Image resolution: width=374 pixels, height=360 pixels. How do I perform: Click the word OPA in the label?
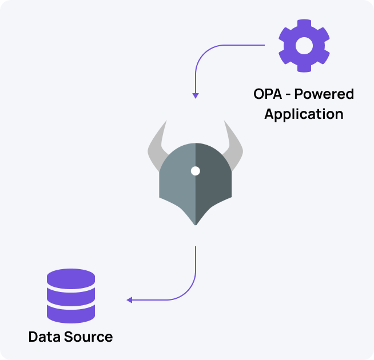[x=266, y=94]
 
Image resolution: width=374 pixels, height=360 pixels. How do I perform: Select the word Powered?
[x=324, y=94]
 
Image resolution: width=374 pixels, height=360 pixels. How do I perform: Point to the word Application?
[x=304, y=113]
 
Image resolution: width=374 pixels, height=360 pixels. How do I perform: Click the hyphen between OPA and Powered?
[x=288, y=94]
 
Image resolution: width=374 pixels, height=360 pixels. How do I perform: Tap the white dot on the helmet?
[x=196, y=171]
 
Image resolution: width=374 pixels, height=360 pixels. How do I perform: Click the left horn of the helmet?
[x=157, y=145]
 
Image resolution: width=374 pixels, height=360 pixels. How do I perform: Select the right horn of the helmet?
[x=233, y=145]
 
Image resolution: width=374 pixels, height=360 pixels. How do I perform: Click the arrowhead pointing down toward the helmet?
[x=196, y=95]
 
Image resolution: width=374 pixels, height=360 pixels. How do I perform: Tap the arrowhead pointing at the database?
[x=130, y=300]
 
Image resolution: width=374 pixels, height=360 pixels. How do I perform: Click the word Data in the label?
[x=45, y=337]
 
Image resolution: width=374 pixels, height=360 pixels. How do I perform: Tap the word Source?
[x=88, y=337]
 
